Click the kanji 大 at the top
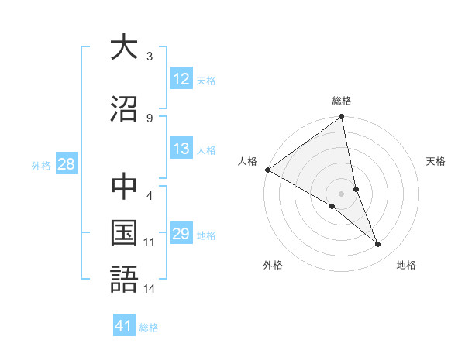[x=124, y=47]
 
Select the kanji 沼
[x=124, y=108]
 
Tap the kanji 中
[x=124, y=187]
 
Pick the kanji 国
[x=124, y=234]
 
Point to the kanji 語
[x=124, y=280]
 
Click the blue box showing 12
[x=181, y=78]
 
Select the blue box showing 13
[x=181, y=149]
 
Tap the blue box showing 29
[x=181, y=234]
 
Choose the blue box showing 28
[x=66, y=163]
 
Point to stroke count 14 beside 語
[x=150, y=290]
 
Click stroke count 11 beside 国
[x=150, y=242]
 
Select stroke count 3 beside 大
[x=150, y=56]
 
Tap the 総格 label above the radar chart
[x=342, y=101]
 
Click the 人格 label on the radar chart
[x=248, y=161]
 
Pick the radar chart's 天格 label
[x=436, y=161]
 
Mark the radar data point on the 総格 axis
[x=342, y=117]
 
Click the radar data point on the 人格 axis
[x=267, y=170]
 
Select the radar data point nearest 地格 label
[x=378, y=244]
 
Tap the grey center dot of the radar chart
[x=342, y=193]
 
